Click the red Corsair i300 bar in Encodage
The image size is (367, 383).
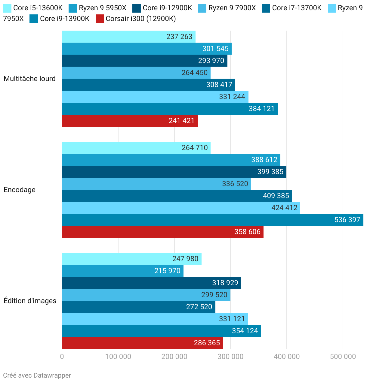coord(162,232)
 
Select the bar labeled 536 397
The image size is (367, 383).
coord(212,220)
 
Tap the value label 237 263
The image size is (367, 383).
coord(179,37)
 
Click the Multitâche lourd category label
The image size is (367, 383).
coord(30,79)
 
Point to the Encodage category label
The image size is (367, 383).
coord(20,190)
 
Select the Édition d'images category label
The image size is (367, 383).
coord(30,301)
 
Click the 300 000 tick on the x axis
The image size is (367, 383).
coord(230,357)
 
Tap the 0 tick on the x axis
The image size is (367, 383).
coord(62,357)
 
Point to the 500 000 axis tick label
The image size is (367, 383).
coord(343,357)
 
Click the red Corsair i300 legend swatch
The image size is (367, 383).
coord(100,19)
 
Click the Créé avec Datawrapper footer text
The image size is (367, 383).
coord(37,375)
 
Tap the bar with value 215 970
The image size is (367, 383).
coord(122,271)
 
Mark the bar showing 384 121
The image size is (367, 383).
coord(170,109)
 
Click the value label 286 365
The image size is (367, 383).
coord(207,343)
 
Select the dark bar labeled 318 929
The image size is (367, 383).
coord(151,283)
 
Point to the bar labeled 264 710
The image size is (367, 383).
coord(136,148)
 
